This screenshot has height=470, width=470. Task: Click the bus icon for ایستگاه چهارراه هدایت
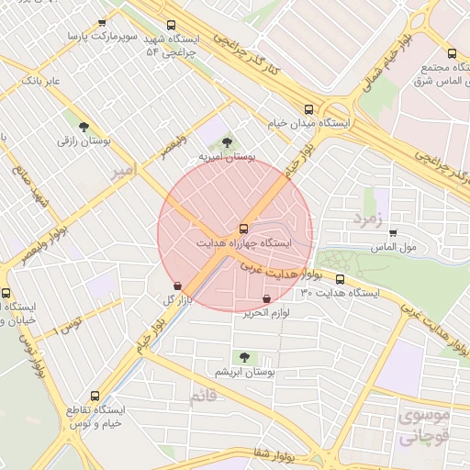[x=243, y=228]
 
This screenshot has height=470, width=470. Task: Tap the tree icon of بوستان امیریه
[x=227, y=141]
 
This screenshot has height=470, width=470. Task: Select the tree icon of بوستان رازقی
[x=84, y=127]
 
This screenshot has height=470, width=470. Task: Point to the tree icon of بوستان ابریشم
[x=244, y=357]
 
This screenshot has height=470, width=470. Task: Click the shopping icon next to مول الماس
[x=394, y=233]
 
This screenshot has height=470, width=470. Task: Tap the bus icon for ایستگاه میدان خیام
[x=308, y=107]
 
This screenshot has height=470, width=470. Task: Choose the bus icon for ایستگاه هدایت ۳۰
[x=341, y=279]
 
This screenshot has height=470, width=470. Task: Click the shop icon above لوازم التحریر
[x=266, y=298]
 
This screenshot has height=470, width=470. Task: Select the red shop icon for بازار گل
[x=177, y=285]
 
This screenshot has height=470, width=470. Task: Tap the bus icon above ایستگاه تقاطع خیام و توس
[x=70, y=395]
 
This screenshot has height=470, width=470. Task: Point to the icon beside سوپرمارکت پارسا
[x=101, y=23]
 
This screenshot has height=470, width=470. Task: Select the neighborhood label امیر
[x=122, y=172]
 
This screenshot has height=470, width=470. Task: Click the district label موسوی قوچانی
[x=423, y=425]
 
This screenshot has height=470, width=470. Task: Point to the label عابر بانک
[x=41, y=81]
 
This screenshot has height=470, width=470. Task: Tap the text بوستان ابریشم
[x=244, y=373]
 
